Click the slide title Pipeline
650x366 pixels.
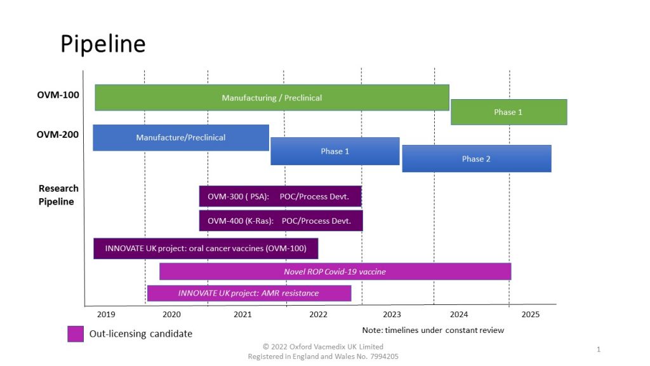[x=103, y=44]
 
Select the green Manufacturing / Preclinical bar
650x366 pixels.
[x=272, y=98]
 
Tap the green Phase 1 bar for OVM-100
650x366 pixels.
[x=508, y=112]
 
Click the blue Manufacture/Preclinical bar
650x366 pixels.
[x=181, y=137]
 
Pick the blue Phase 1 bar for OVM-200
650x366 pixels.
[x=335, y=151]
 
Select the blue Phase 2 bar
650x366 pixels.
[x=476, y=159]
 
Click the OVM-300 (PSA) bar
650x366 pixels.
[x=280, y=196]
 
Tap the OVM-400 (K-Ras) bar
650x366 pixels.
[x=281, y=220]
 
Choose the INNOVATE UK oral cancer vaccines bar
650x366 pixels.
[x=206, y=248]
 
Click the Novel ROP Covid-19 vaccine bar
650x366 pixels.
[x=335, y=271]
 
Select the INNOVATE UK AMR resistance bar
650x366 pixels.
[x=249, y=293]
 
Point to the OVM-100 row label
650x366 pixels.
[x=58, y=95]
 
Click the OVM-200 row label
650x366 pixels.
[x=58, y=135]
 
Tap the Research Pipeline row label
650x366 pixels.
[x=58, y=195]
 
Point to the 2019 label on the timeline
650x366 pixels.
[x=106, y=315]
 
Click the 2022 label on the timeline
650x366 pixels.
[x=318, y=315]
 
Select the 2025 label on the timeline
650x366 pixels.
[x=531, y=315]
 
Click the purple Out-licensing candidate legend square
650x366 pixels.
[x=76, y=334]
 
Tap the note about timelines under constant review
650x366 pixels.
[x=433, y=330]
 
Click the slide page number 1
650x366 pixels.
[x=599, y=349]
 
